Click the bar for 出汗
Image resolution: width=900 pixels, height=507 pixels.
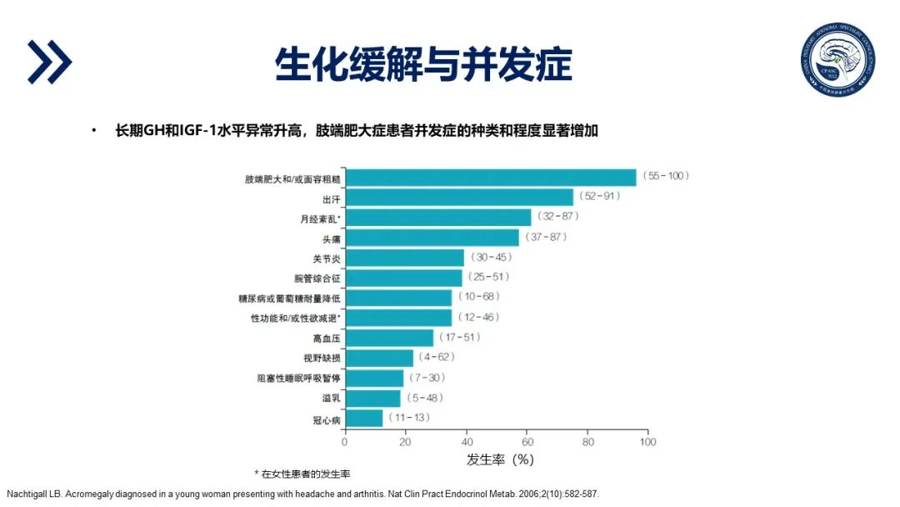(x=458, y=197)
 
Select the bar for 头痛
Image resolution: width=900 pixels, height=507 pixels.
(x=431, y=238)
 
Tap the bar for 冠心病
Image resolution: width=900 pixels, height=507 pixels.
(x=363, y=418)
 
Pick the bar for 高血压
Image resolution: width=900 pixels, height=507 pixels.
(x=388, y=338)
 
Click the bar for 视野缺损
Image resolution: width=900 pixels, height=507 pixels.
(x=378, y=358)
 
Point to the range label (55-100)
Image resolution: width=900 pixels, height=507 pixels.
(x=666, y=176)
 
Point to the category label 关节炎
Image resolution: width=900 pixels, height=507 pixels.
(x=326, y=258)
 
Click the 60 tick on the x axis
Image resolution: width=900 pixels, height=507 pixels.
(x=527, y=441)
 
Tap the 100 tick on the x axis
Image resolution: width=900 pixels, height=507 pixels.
(x=647, y=441)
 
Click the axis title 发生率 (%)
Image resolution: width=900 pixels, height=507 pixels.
(x=499, y=459)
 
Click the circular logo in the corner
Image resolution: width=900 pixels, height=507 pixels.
(x=837, y=58)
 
